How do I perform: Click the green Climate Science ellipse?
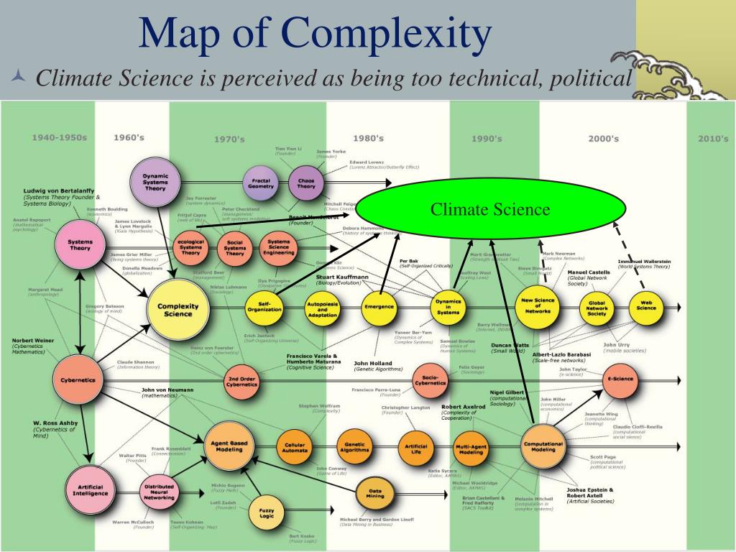(490, 209)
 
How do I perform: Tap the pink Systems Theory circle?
(80, 245)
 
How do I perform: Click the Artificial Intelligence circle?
(90, 489)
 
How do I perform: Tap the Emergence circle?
(379, 306)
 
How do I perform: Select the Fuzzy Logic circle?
(266, 512)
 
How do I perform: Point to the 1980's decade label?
(368, 139)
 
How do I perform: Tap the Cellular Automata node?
(294, 448)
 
